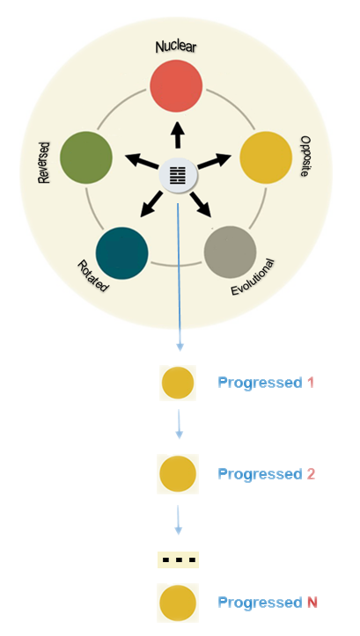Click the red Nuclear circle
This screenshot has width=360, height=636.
(176, 86)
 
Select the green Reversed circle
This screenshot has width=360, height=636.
(86, 157)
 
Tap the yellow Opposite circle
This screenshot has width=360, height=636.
(266, 157)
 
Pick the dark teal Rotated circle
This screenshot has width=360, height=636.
(121, 253)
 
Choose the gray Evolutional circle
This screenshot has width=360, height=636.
(230, 252)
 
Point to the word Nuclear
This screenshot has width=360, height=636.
(176, 47)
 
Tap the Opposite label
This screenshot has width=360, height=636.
(305, 156)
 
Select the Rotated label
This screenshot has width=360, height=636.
(93, 276)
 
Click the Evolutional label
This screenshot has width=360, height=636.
(253, 277)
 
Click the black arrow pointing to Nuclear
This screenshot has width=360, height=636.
(177, 135)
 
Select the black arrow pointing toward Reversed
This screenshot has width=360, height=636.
(141, 161)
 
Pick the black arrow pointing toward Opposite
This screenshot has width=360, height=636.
(214, 160)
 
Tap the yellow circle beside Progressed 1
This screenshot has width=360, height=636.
(178, 383)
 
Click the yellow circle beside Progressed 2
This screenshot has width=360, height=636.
(178, 474)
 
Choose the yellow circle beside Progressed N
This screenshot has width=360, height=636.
(178, 603)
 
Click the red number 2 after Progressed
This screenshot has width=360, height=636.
(311, 474)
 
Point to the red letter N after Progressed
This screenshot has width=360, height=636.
(312, 603)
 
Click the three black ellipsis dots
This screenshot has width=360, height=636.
(179, 560)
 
